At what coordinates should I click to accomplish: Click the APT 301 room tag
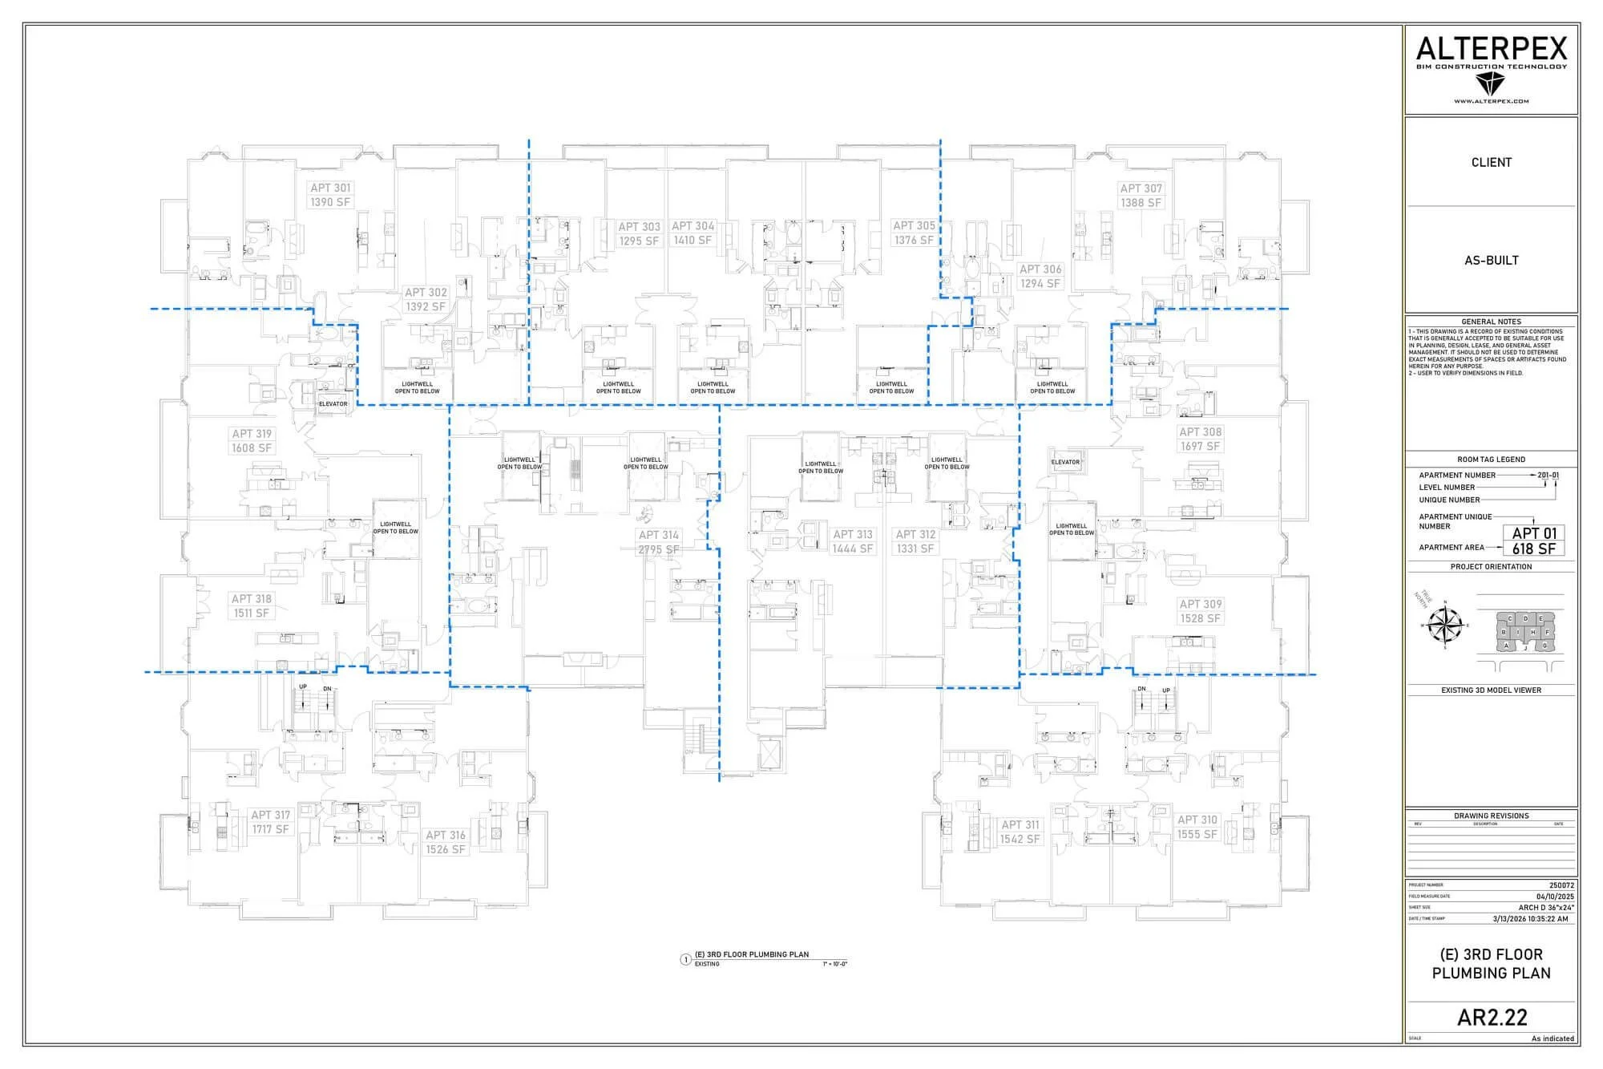click(x=330, y=195)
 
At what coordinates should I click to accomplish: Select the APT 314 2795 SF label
click(x=659, y=542)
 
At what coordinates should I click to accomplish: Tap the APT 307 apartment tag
click(x=1141, y=196)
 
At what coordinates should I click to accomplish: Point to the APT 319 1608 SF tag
click(x=252, y=440)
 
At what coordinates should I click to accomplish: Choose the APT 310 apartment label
click(x=1197, y=827)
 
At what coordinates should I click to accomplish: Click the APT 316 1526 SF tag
click(x=446, y=842)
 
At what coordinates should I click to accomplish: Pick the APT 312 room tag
click(x=915, y=541)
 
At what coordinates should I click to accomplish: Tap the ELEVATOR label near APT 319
click(x=333, y=404)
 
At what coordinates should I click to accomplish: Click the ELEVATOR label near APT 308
click(x=1065, y=462)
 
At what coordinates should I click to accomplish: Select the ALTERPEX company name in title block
click(x=1491, y=50)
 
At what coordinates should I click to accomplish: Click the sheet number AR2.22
click(x=1492, y=1017)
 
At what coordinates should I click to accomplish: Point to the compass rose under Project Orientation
click(x=1447, y=625)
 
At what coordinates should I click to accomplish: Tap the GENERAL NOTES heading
click(x=1491, y=322)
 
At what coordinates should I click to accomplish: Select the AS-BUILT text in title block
click(x=1491, y=260)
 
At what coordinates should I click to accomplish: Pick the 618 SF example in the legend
click(x=1533, y=549)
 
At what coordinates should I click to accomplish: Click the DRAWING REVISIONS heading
click(x=1491, y=816)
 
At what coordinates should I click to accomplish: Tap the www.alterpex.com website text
click(x=1491, y=102)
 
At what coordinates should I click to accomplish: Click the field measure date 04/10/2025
click(x=1555, y=897)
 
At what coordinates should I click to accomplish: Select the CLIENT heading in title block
click(x=1491, y=162)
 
